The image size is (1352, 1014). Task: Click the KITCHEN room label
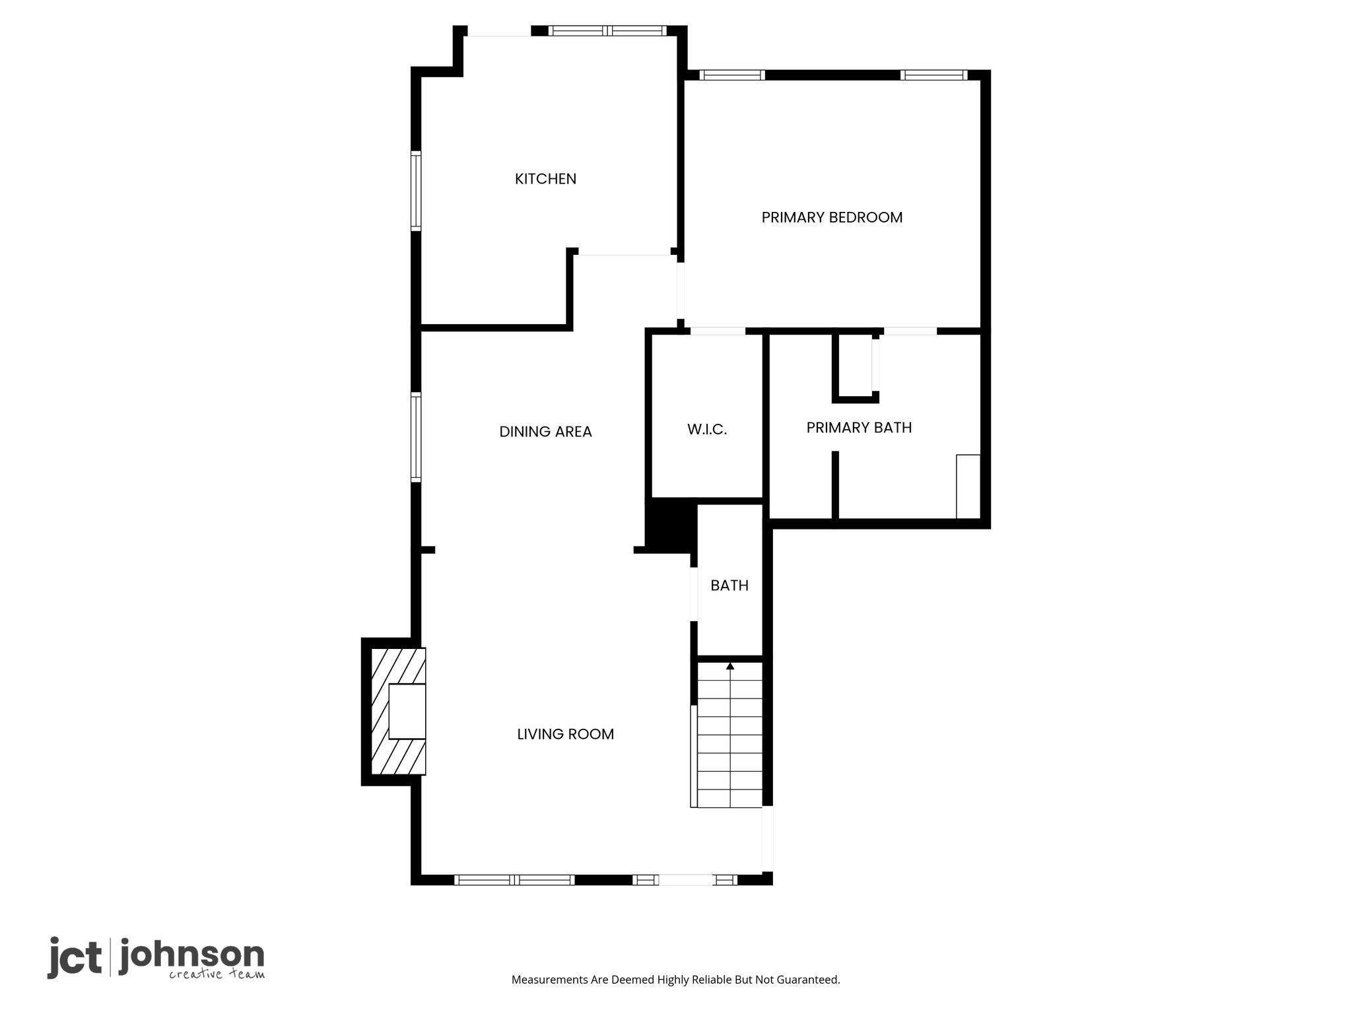click(545, 179)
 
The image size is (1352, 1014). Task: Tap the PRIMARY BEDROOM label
click(832, 217)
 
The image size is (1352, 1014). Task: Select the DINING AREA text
click(545, 432)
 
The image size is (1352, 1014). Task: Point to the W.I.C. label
click(707, 430)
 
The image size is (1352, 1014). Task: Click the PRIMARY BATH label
click(859, 428)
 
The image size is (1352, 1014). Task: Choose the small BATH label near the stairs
click(729, 586)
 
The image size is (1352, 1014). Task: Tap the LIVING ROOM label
click(565, 734)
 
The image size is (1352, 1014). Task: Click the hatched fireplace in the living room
click(398, 712)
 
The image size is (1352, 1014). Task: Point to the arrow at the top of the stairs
click(730, 667)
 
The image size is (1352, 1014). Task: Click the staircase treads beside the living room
click(729, 735)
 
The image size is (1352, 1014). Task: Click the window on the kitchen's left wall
click(416, 191)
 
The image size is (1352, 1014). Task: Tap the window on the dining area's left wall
click(416, 437)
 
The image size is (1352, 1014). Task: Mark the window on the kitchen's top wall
click(607, 30)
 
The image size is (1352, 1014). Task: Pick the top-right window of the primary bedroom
click(934, 75)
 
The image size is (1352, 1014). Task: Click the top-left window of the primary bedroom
click(732, 75)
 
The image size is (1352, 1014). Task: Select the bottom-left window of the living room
click(514, 879)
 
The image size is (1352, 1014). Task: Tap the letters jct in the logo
click(75, 957)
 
